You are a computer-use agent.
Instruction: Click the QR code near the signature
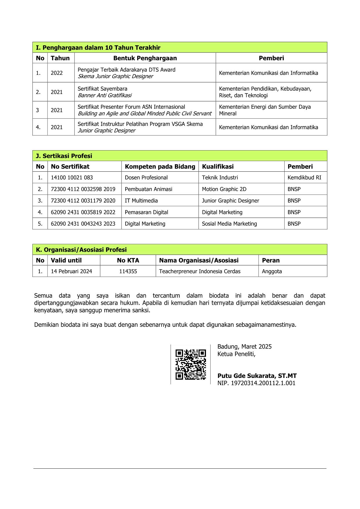(191, 365)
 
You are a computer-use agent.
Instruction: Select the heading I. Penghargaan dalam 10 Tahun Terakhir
(98, 48)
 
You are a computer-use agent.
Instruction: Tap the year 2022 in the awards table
(57, 73)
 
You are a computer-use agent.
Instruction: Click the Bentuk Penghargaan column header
(145, 58)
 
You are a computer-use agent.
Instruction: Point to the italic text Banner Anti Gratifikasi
(104, 95)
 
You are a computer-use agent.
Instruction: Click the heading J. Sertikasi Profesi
(64, 156)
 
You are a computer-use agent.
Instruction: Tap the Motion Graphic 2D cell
(224, 189)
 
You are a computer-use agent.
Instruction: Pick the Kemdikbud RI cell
(304, 177)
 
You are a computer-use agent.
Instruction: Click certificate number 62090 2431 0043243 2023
(83, 224)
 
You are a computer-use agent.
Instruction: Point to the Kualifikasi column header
(218, 166)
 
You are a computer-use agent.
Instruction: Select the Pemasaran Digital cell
(146, 212)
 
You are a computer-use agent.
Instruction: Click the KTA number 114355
(128, 271)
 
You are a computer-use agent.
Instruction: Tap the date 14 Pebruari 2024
(71, 271)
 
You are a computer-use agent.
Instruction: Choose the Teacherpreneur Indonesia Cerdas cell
(200, 271)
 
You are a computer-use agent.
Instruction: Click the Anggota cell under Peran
(272, 271)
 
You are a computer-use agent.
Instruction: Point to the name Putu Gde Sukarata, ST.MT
(257, 376)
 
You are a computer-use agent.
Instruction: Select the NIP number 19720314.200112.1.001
(256, 383)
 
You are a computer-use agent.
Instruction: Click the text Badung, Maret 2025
(245, 347)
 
